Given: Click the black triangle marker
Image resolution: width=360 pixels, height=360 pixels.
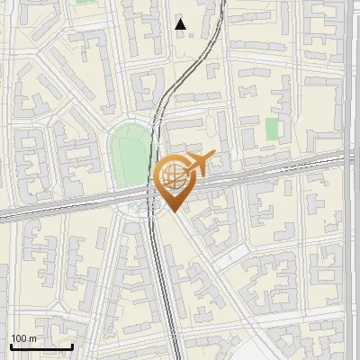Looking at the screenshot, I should [181, 24].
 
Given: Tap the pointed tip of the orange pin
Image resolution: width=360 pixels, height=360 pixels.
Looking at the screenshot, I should [173, 212].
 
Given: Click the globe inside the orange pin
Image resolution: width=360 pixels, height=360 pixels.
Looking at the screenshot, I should [172, 177].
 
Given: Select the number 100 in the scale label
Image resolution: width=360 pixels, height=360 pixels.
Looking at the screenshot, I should [19, 338].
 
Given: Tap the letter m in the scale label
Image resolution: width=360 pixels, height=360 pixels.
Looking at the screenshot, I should [32, 338].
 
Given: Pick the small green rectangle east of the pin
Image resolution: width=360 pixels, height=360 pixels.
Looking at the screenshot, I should [272, 130].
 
